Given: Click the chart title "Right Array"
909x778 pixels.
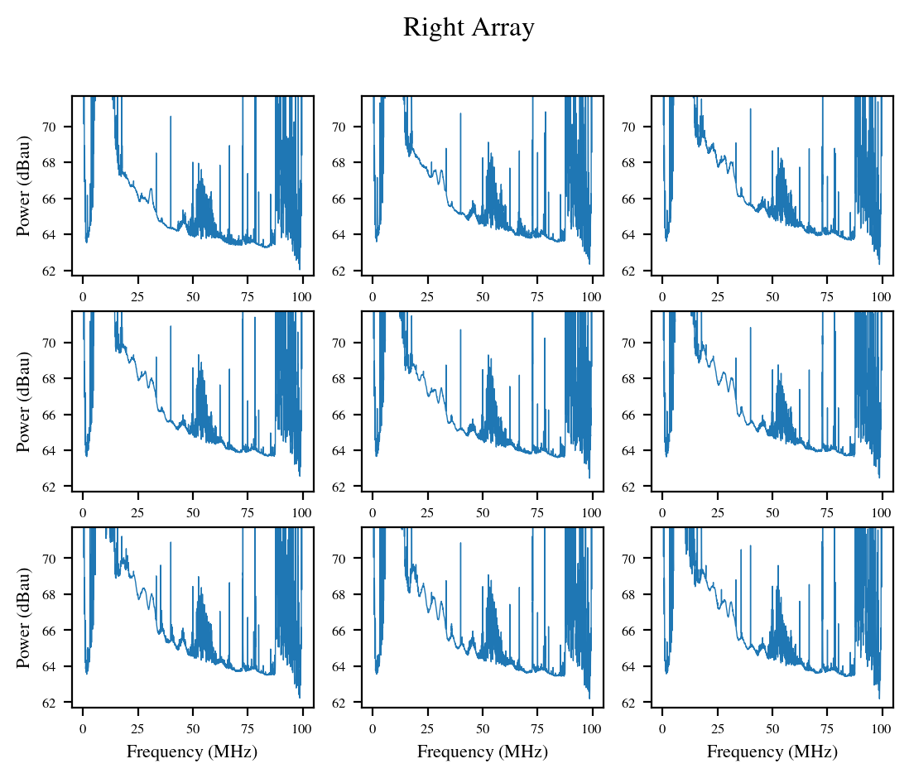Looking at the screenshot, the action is click(469, 28).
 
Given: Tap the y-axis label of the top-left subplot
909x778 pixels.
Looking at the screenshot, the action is click(23, 186).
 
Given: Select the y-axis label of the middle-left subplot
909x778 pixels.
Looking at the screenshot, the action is click(23, 401).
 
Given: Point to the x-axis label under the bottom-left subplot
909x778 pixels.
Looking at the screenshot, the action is click(192, 752).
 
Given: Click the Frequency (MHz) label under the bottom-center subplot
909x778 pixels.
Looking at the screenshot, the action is click(483, 752).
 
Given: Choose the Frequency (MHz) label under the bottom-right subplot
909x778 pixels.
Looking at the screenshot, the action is click(772, 752).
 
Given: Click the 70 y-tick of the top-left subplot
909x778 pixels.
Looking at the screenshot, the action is click(49, 127).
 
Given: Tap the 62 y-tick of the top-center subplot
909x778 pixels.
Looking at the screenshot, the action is click(339, 271).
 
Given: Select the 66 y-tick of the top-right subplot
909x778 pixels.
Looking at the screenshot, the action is click(628, 199).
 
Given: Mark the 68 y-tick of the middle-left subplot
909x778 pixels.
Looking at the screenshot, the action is click(49, 378).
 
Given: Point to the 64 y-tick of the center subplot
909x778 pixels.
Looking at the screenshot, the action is click(339, 450).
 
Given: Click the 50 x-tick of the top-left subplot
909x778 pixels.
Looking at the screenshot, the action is click(192, 297).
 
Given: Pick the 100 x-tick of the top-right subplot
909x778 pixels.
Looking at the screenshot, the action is click(881, 297).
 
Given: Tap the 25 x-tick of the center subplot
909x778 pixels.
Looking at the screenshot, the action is click(427, 512).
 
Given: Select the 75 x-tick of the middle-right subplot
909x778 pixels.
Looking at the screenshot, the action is click(827, 512).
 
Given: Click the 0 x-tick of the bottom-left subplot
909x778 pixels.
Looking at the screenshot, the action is click(83, 728).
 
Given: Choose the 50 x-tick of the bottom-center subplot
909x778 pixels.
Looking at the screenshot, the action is click(483, 728).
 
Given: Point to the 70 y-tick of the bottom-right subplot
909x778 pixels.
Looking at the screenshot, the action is click(628, 559).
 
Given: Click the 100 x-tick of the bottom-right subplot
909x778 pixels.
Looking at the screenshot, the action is click(881, 728).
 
